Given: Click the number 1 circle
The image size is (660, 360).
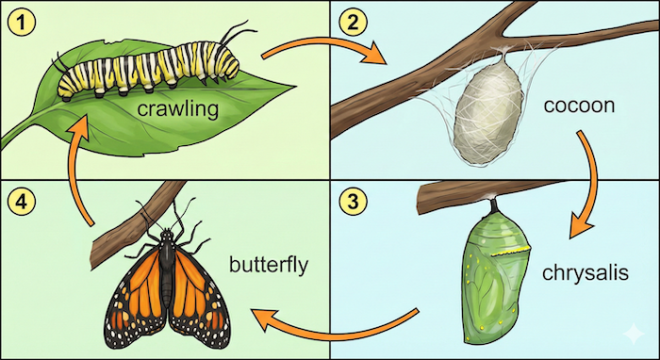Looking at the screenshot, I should pyautogui.click(x=17, y=18).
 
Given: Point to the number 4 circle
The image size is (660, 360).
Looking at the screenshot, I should pyautogui.click(x=17, y=199).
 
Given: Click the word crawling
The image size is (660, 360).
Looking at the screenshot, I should pyautogui.click(x=177, y=110).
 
